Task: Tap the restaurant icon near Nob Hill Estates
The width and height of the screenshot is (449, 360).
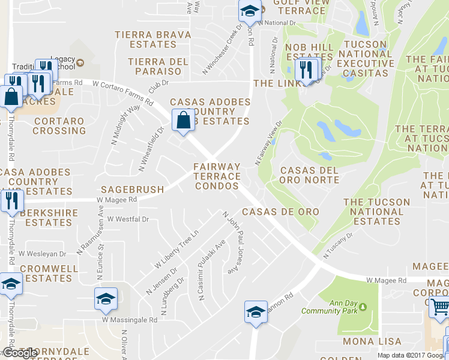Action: pos(307,70)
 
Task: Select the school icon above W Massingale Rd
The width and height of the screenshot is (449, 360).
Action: pos(105,298)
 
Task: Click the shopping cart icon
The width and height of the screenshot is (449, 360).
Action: pos(439,308)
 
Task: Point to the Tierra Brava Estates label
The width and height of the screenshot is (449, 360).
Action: pos(152,40)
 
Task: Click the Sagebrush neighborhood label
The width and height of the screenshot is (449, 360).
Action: pos(132,190)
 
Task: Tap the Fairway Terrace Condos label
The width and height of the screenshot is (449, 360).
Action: pos(217,176)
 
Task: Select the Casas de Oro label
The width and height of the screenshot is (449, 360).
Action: pos(280,212)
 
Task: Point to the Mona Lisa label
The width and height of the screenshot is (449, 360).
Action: pos(367,341)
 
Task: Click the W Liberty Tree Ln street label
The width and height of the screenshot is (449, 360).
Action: pos(176,248)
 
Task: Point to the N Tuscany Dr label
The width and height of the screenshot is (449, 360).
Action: pos(337,247)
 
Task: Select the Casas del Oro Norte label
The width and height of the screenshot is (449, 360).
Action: pos(309,175)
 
